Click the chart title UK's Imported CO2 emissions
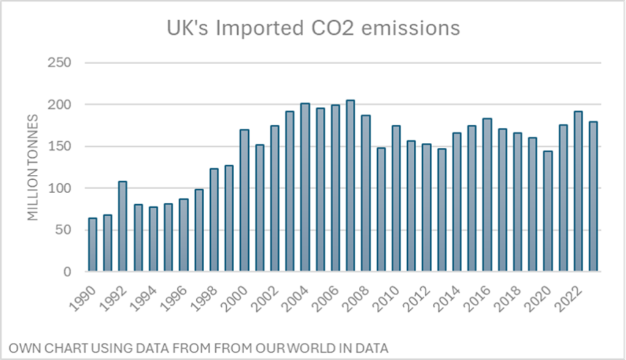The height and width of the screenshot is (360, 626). click(x=314, y=28)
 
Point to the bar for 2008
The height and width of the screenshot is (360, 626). click(x=366, y=193)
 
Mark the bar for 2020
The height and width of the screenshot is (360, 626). click(x=548, y=211)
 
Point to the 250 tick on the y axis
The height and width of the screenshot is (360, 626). click(x=60, y=63)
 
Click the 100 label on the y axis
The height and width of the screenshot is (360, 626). click(x=60, y=188)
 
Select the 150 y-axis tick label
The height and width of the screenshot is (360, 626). click(x=60, y=147)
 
